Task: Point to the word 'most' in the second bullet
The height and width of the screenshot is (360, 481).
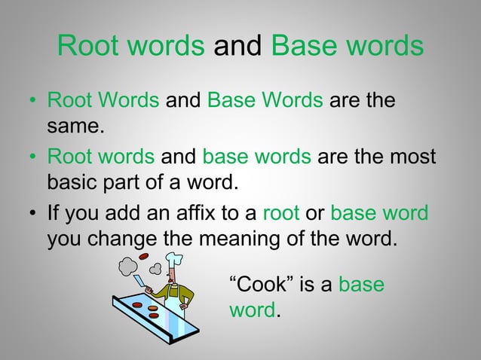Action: coord(412,158)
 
